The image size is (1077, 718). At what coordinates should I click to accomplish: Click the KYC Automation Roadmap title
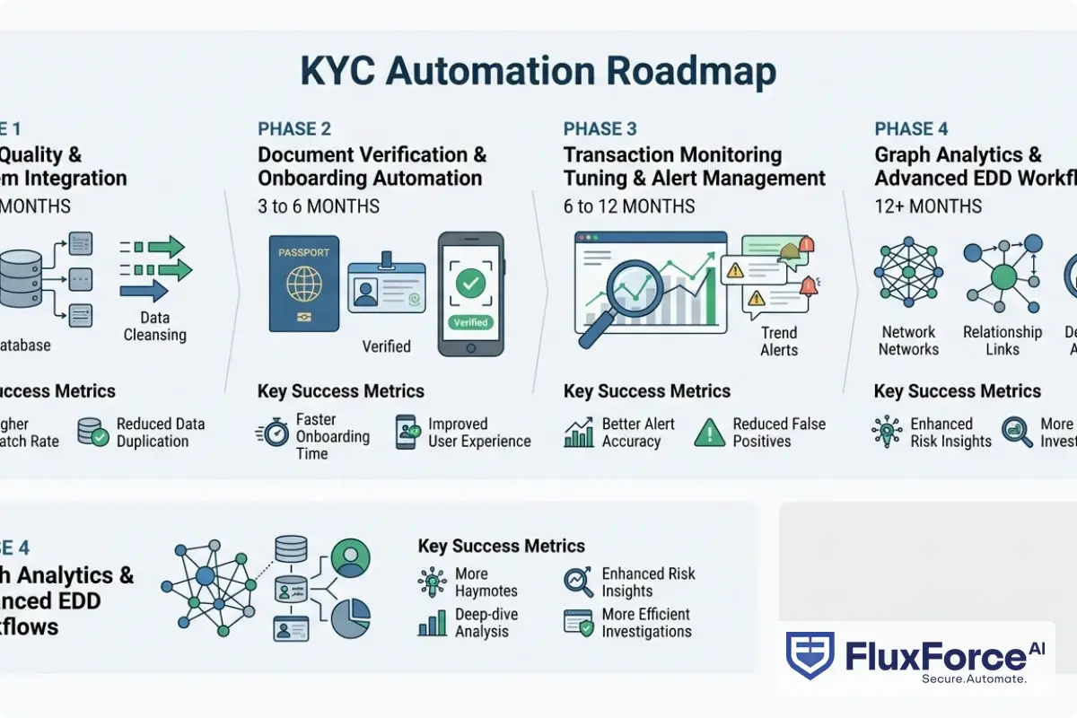[x=538, y=72]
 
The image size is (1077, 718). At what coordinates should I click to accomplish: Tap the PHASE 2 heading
[x=293, y=128]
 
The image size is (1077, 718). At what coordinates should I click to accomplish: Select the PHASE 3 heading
[x=600, y=128]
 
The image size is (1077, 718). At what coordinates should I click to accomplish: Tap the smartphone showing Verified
[x=470, y=293]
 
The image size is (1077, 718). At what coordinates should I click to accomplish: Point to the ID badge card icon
[x=386, y=287]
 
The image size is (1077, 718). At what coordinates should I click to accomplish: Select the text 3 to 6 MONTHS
[x=319, y=206]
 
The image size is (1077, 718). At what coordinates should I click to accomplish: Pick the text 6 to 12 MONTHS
[x=629, y=206]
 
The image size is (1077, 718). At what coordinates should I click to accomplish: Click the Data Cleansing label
[x=154, y=327]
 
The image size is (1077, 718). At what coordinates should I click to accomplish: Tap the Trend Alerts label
[x=779, y=341]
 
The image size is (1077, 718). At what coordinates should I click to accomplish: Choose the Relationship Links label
[x=1003, y=341]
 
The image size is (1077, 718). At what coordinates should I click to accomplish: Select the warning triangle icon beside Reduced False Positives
[x=710, y=433]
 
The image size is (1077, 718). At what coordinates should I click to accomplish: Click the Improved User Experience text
[x=479, y=433]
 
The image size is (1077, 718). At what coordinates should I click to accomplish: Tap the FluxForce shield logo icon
[x=810, y=656]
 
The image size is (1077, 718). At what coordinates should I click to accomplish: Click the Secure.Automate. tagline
[x=974, y=679]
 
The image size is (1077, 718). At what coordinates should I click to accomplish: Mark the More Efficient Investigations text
[x=646, y=623]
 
